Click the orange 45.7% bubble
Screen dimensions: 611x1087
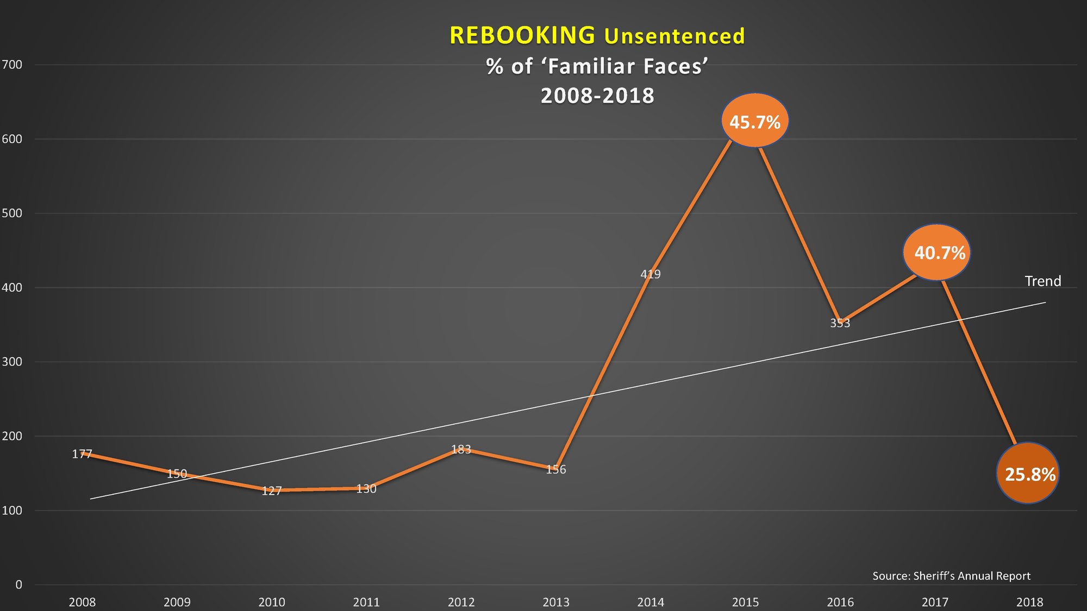(754, 121)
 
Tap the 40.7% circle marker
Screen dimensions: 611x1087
(937, 253)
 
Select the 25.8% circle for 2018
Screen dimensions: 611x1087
(1028, 474)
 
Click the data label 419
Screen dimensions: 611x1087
(651, 274)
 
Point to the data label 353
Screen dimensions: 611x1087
(840, 323)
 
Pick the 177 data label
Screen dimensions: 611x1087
(82, 454)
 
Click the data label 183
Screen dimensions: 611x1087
(461, 449)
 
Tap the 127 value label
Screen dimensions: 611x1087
(272, 491)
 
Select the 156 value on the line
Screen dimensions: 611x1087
(556, 469)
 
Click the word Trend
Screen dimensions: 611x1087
(1042, 281)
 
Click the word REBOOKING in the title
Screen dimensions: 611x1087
(522, 35)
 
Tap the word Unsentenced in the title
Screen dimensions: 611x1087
(674, 36)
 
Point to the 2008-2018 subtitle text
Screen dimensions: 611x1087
(597, 96)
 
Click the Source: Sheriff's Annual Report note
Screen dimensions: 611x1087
(951, 576)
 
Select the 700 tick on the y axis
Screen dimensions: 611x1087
(12, 65)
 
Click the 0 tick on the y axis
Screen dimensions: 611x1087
(18, 584)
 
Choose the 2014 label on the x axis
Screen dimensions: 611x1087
(651, 602)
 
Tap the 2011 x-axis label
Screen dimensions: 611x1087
(366, 602)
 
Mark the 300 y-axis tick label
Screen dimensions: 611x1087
(12, 362)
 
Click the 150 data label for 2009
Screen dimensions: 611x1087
(177, 474)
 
